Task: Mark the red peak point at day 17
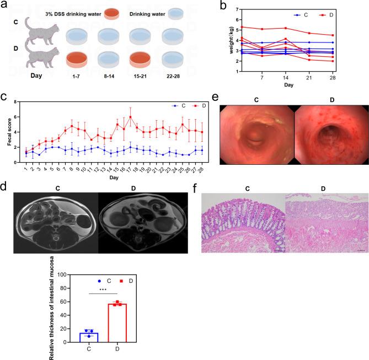(130, 117)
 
